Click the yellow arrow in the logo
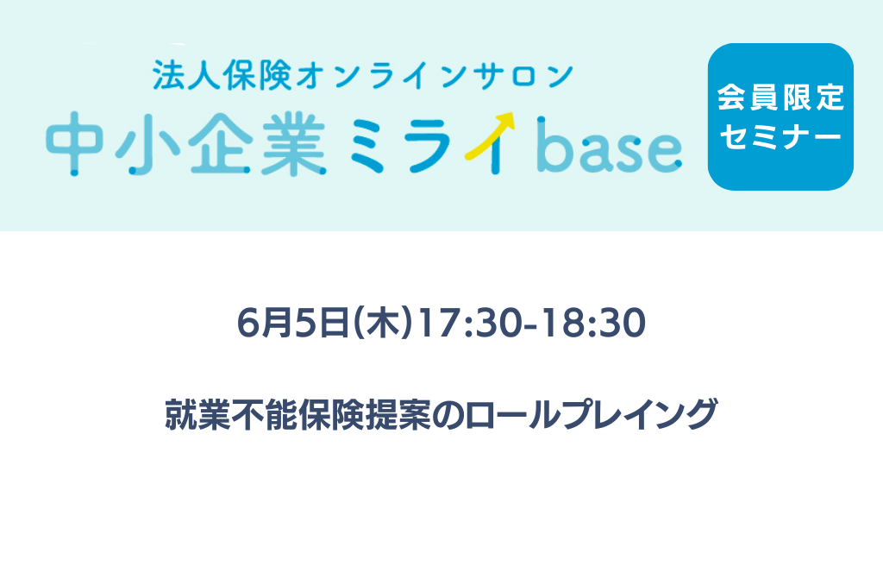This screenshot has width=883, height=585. click(489, 135)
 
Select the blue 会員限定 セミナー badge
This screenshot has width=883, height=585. click(780, 116)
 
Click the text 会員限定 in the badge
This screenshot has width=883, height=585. click(780, 97)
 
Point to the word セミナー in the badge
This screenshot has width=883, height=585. click(780, 136)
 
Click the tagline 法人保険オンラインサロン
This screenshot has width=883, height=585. click(363, 76)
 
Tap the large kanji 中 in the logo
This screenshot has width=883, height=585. click(74, 143)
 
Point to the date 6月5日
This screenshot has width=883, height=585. click(294, 323)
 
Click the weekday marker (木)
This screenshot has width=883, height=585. click(383, 323)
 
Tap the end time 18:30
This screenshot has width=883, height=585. click(594, 323)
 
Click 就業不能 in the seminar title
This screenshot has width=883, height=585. click(231, 414)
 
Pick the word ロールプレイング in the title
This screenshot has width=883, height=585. click(591, 414)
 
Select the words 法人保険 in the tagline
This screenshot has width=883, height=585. click(222, 76)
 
